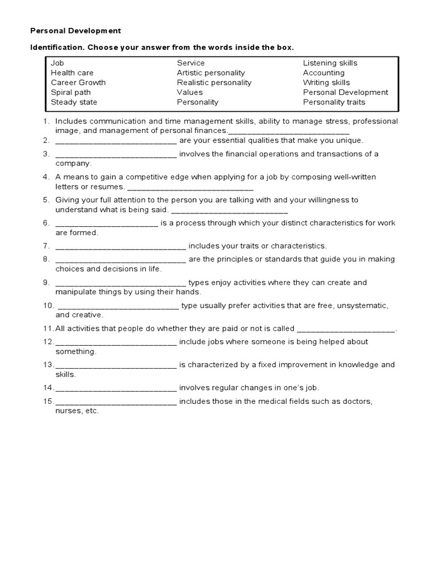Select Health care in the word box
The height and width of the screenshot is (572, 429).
coord(72,73)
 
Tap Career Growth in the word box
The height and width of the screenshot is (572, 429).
coord(78,83)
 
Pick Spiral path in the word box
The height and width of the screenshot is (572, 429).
coord(71,92)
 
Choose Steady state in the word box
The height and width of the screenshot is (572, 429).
coord(74,102)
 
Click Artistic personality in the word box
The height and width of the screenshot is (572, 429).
coord(211,73)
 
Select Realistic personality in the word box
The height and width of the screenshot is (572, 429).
coord(214,83)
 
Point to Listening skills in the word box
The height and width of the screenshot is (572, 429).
coord(330,63)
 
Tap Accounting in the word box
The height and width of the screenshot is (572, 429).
coord(323,73)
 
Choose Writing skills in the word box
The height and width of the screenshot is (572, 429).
coord(326,83)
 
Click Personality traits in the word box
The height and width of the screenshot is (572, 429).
coord(334,102)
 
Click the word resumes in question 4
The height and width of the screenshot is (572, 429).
coord(108,187)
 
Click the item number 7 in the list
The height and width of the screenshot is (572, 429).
coord(45,246)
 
